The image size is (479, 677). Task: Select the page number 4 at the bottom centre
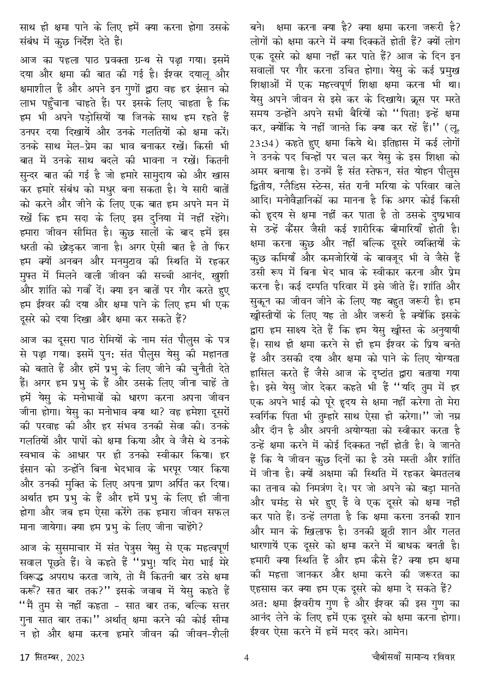coord(247,657)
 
